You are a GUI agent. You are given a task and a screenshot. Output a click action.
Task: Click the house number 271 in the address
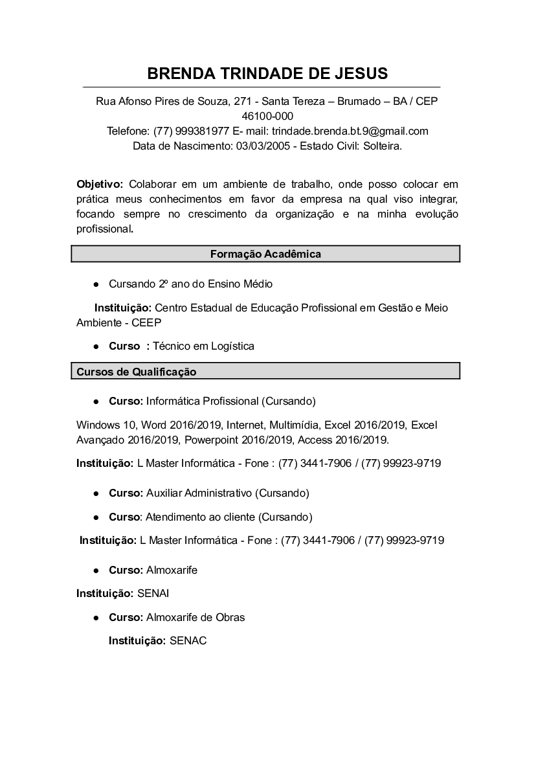coord(243,102)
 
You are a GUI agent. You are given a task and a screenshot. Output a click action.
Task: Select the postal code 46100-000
coord(267,117)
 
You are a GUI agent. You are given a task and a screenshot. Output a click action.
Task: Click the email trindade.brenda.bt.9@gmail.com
coord(350,131)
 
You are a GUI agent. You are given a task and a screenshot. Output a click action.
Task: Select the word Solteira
coord(382,146)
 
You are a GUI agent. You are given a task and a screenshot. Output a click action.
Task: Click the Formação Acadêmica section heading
coord(265,254)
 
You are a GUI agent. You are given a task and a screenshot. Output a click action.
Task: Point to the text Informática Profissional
coord(202,401)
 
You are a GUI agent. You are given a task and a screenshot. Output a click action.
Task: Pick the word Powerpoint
coord(212,440)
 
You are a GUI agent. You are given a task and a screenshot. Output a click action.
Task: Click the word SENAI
coord(153,593)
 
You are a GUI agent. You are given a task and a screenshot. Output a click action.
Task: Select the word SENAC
coord(188,640)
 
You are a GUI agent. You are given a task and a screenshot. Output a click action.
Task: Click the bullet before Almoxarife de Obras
coord(96,618)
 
